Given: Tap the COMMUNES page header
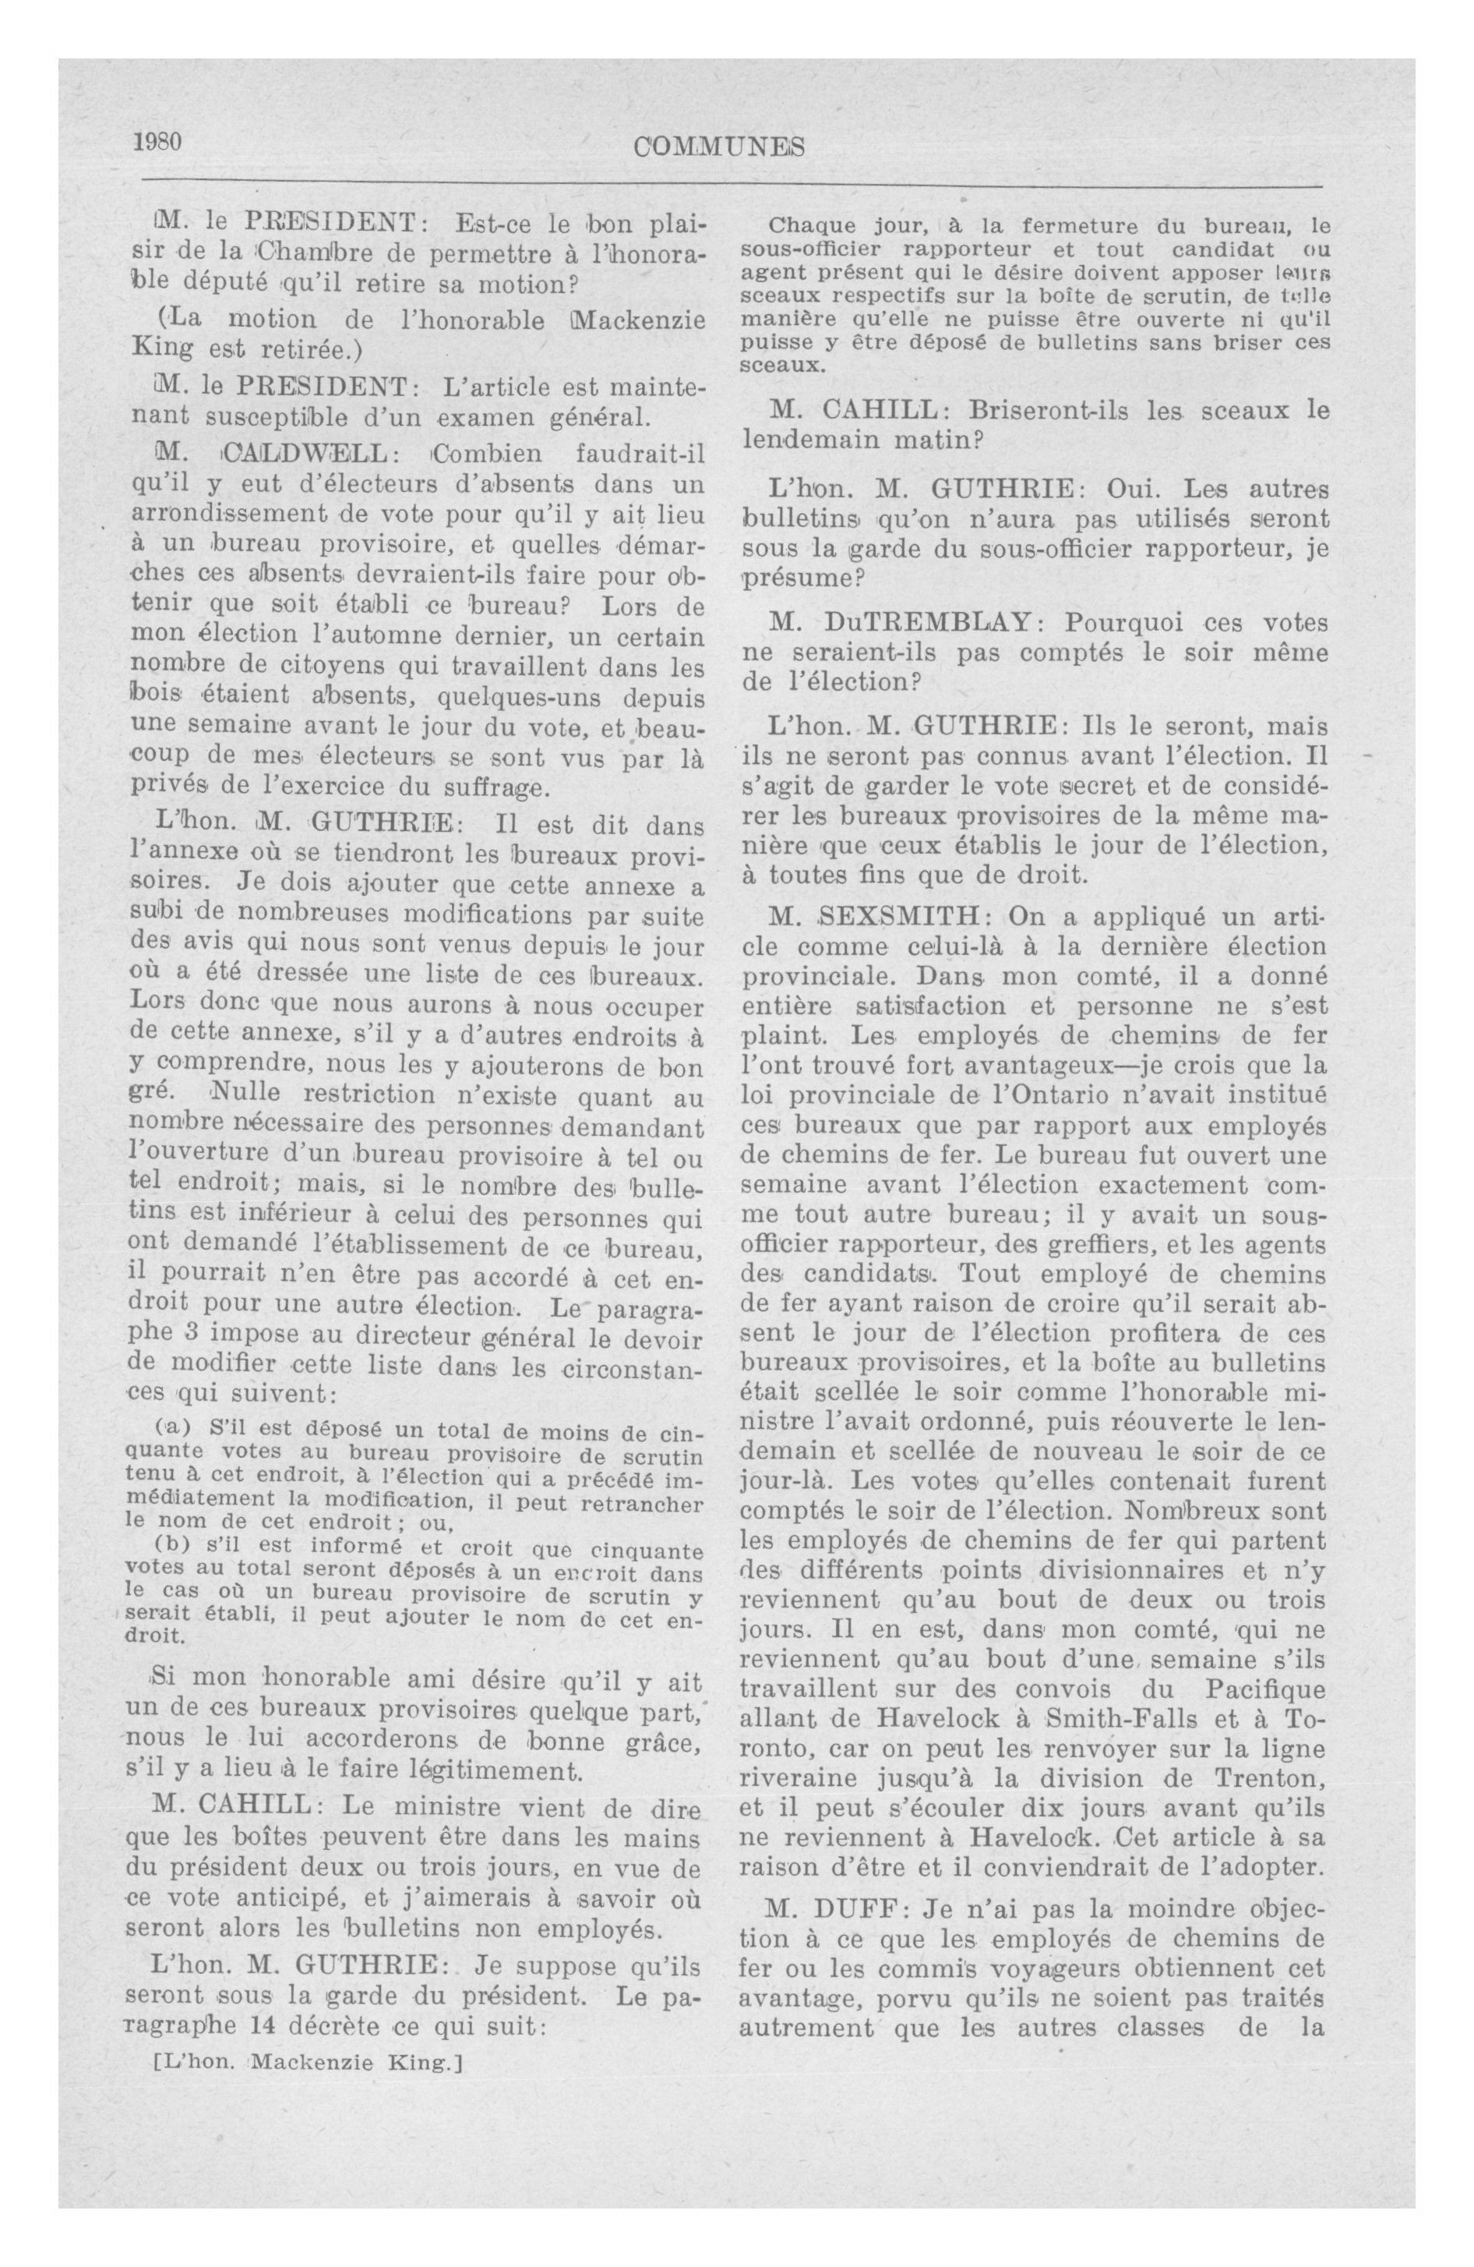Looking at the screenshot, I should [720, 147].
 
